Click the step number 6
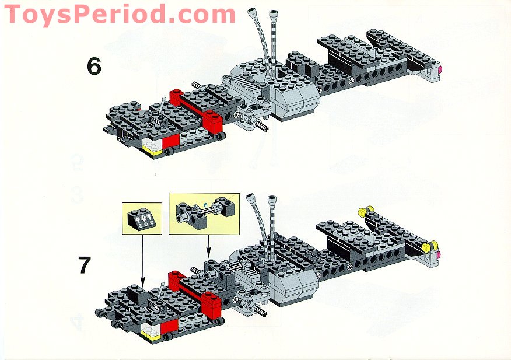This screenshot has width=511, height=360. pyautogui.click(x=94, y=66)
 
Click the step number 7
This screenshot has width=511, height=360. pyautogui.click(x=85, y=265)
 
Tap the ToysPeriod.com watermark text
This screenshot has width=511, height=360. pyautogui.click(x=120, y=13)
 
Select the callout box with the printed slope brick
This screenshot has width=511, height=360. pyautogui.click(x=142, y=219)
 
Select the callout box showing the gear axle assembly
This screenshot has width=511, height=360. pyautogui.click(x=204, y=213)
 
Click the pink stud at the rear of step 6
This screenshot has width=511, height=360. pyautogui.click(x=439, y=71)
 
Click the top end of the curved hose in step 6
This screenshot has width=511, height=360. pyautogui.click(x=253, y=12)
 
